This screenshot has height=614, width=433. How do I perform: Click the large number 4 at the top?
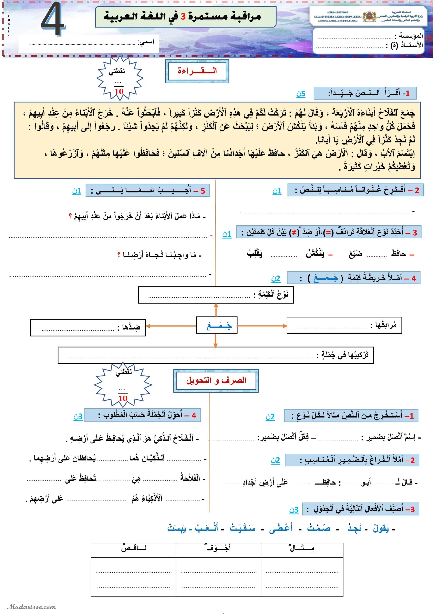(x=53, y=19)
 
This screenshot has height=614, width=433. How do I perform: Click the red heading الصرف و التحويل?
(x=216, y=380)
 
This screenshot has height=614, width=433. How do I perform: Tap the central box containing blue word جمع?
(x=217, y=325)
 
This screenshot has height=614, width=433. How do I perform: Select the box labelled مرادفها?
(x=344, y=325)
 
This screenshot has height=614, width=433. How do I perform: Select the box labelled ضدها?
(x=88, y=327)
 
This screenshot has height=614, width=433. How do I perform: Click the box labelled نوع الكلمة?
(x=216, y=295)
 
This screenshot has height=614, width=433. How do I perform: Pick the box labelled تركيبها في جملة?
(x=216, y=355)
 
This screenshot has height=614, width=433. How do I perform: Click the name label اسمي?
(x=146, y=42)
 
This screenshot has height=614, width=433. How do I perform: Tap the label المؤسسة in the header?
(x=411, y=35)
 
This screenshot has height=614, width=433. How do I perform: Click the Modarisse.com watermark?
(x=32, y=607)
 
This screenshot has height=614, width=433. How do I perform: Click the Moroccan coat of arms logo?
(x=369, y=17)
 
